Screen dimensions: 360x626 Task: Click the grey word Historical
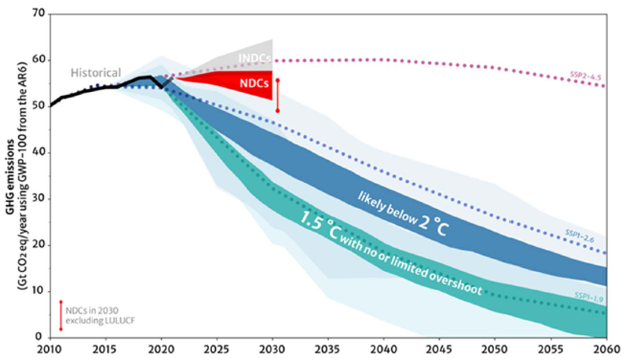(96, 73)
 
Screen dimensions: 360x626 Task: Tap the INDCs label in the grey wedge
(255, 58)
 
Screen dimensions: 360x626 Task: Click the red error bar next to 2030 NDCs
(277, 95)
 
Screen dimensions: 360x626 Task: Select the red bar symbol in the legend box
(60, 315)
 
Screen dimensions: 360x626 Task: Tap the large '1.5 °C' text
(320, 226)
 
